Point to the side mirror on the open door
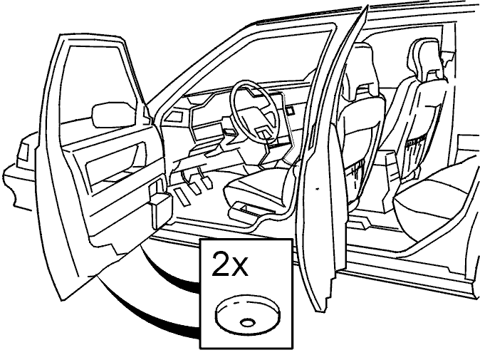point(113,115)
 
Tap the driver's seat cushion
point(260,189)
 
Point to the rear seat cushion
point(434,196)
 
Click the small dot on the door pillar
point(317,187)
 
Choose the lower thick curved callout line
point(137,316)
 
